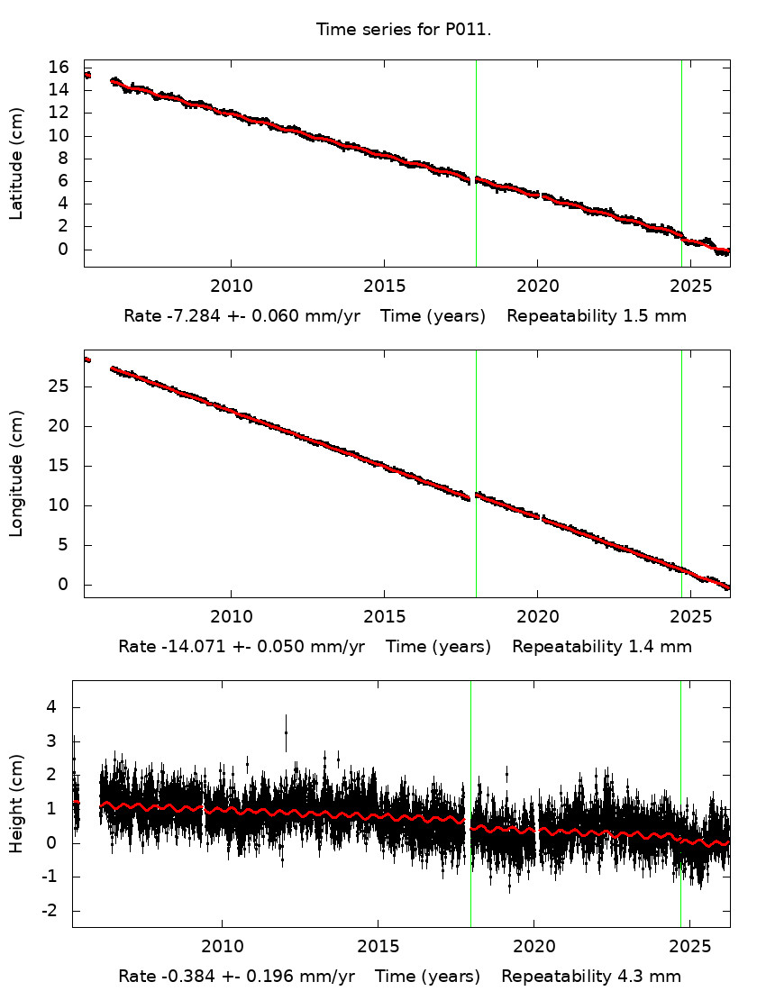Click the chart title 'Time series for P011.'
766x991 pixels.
403,30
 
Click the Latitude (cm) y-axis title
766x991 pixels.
16,163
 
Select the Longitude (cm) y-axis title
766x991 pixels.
16,474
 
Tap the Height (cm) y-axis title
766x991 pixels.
16,804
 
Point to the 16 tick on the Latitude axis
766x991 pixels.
59,68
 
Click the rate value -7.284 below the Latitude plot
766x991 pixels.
187,316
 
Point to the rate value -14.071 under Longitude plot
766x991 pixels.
187,647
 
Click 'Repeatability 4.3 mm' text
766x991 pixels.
591,977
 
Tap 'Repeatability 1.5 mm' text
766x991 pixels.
597,316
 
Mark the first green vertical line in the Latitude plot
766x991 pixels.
476,162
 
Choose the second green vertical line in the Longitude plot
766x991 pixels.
681,473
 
